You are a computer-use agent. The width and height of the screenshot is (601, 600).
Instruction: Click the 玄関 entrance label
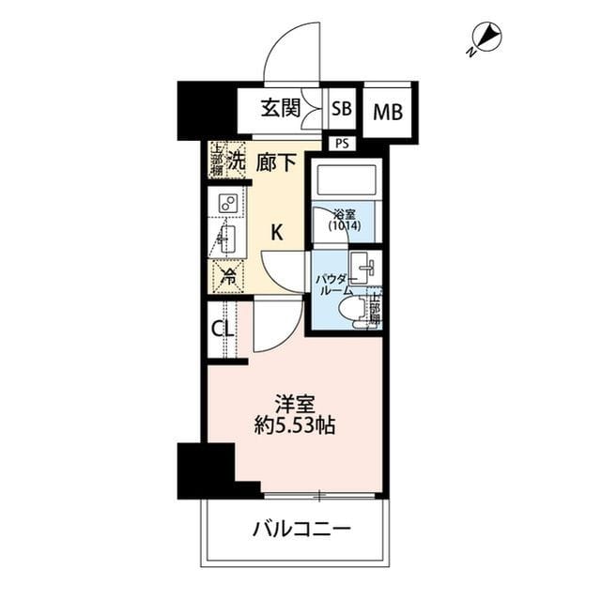[281, 108]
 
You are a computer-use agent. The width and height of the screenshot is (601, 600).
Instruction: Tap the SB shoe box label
[341, 109]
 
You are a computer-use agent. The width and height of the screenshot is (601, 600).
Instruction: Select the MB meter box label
[387, 113]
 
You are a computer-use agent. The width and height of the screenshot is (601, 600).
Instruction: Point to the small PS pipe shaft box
[341, 143]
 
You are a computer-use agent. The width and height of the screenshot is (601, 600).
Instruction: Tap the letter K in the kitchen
[277, 233]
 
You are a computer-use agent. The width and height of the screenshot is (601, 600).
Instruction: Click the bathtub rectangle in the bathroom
[345, 179]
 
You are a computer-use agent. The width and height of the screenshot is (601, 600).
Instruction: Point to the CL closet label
[222, 330]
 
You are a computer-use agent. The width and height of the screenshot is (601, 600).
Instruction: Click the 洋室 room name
[294, 405]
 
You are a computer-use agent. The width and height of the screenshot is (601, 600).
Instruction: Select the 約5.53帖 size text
[295, 425]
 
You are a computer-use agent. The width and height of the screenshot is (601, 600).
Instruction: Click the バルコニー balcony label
[301, 529]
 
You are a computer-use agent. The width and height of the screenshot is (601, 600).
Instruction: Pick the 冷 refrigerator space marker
[226, 276]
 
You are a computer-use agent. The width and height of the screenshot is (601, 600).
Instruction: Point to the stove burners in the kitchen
[227, 203]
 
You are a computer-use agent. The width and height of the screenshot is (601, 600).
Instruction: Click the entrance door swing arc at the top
[292, 61]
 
